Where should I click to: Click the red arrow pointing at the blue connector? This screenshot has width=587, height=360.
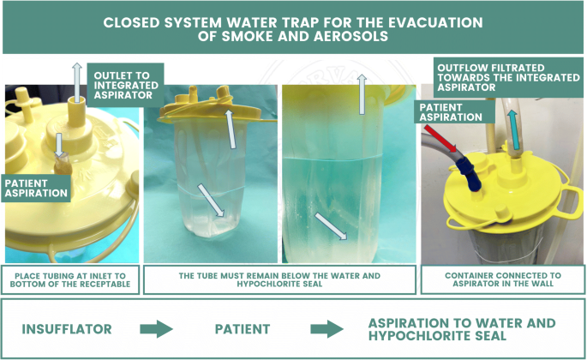pyautogui.click(x=440, y=139)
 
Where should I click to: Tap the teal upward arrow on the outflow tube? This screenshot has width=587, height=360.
pyautogui.click(x=514, y=128)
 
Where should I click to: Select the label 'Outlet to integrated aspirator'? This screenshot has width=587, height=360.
pyautogui.click(x=126, y=86)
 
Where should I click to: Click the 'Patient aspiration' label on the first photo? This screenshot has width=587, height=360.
pyautogui.click(x=36, y=188)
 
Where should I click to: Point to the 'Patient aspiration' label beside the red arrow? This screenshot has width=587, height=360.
pyautogui.click(x=451, y=112)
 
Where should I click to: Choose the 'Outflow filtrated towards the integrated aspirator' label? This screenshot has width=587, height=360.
pyautogui.click(x=508, y=77)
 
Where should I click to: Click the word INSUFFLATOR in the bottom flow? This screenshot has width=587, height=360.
pyautogui.click(x=67, y=329)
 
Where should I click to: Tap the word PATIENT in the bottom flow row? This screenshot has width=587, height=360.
pyautogui.click(x=243, y=329)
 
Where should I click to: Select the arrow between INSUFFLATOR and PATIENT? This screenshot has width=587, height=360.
pyautogui.click(x=157, y=329)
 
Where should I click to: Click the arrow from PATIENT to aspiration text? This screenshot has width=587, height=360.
pyautogui.click(x=326, y=329)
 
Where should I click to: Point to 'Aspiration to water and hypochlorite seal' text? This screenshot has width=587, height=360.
pyautogui.click(x=462, y=329)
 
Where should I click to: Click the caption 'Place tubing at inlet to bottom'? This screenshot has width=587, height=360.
pyautogui.click(x=70, y=279)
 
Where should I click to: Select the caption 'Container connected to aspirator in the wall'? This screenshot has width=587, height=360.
pyautogui.click(x=503, y=279)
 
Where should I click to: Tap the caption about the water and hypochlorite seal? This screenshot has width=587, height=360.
pyautogui.click(x=279, y=279)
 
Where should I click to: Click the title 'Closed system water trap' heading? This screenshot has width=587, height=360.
pyautogui.click(x=293, y=29)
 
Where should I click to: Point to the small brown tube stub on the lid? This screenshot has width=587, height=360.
pyautogui.click(x=62, y=164)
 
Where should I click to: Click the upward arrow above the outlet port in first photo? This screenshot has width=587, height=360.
pyautogui.click(x=77, y=82)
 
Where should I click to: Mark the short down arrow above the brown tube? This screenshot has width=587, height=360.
pyautogui.click(x=59, y=144)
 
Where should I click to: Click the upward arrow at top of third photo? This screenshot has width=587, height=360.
pyautogui.click(x=362, y=94)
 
